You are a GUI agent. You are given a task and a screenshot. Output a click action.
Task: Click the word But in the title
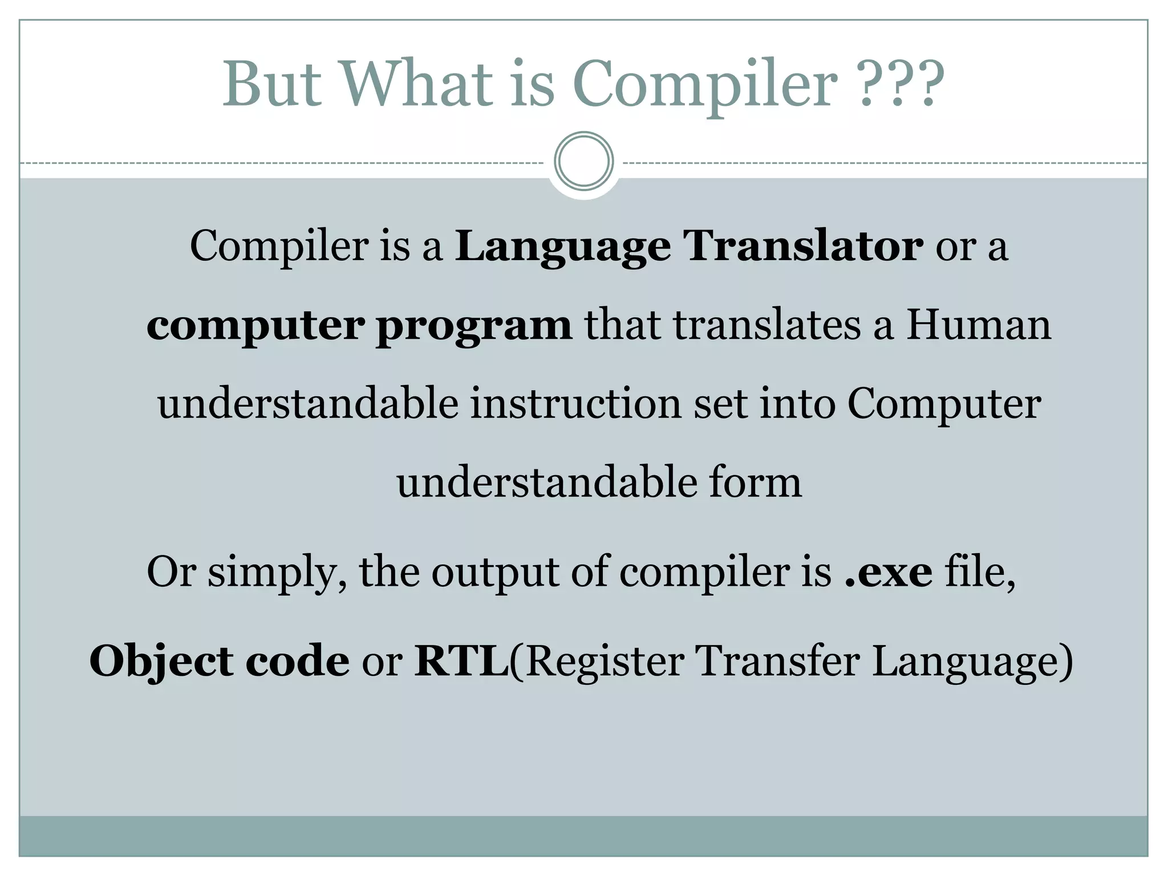coord(271,84)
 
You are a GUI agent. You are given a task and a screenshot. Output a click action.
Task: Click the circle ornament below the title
coord(583,161)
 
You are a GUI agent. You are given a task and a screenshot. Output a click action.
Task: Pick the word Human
coord(979,325)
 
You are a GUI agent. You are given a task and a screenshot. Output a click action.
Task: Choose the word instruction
coord(576,404)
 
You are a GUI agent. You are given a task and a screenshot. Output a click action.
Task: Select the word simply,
coord(277,573)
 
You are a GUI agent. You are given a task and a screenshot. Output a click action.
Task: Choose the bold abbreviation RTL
coord(461,662)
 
